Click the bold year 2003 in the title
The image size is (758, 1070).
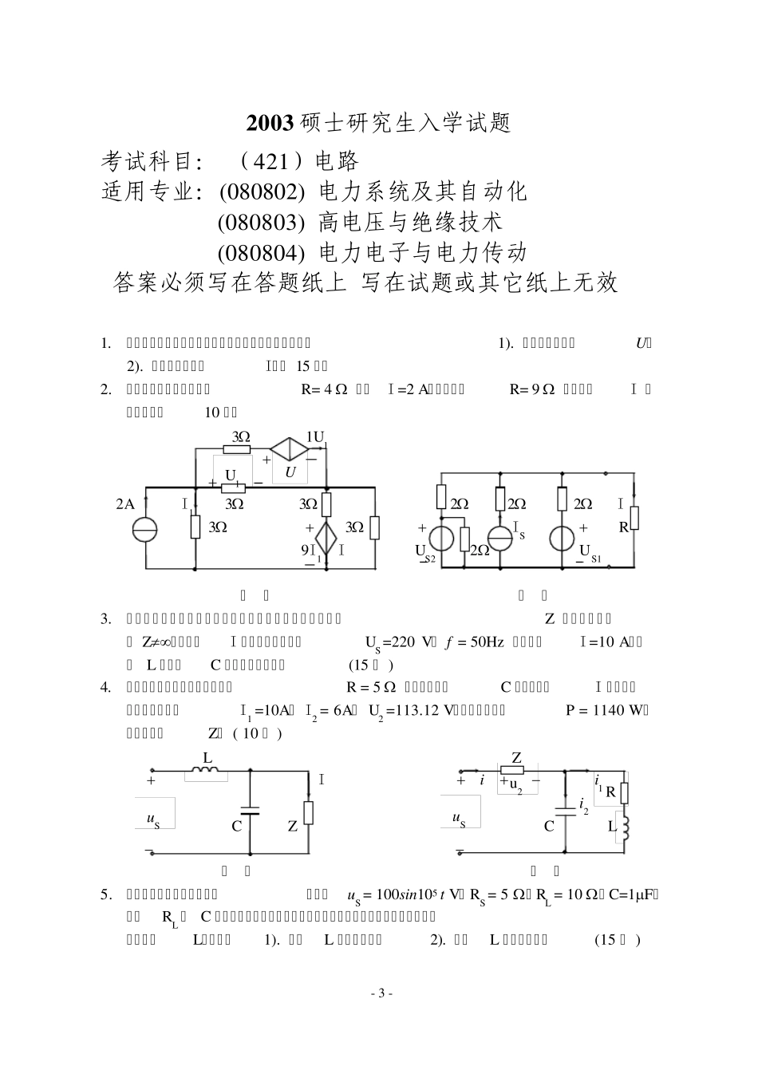point(270,124)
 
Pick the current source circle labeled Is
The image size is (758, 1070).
point(500,537)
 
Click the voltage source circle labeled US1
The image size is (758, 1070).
point(563,537)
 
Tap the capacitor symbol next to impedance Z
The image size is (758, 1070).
point(251,810)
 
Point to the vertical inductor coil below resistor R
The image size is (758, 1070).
point(625,827)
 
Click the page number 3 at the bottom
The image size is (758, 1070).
point(381,993)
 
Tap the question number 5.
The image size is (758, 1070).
point(105,894)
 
